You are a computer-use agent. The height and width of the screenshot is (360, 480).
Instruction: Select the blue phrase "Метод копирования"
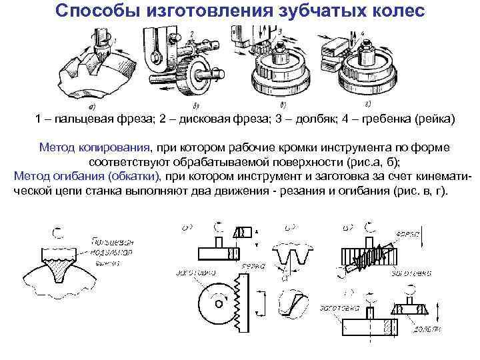95,147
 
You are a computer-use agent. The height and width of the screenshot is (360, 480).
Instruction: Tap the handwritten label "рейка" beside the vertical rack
253,266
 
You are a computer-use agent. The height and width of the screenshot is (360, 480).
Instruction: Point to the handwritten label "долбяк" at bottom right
425,329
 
